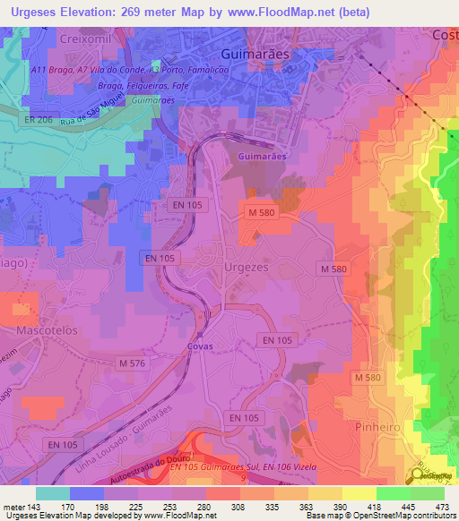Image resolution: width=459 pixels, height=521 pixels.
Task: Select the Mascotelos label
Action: coord(48,330)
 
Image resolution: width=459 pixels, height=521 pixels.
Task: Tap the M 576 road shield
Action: coord(134,363)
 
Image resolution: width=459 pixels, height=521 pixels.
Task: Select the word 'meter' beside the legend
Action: coord(13,506)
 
